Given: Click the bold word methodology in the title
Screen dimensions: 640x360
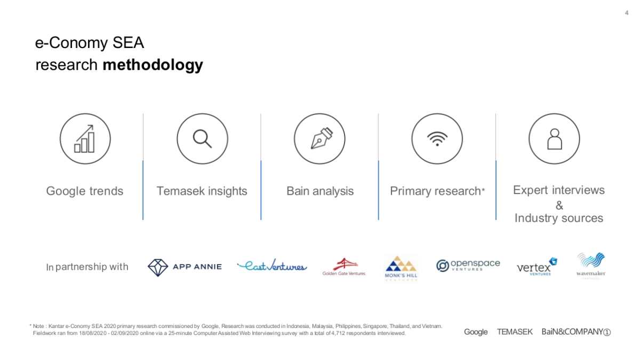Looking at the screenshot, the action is pyautogui.click(x=153, y=65).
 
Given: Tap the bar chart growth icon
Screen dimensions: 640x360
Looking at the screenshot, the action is pyautogui.click(x=85, y=139).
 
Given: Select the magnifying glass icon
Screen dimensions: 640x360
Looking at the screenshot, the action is pyautogui.click(x=202, y=139).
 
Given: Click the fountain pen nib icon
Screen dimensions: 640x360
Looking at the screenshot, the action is pyautogui.click(x=322, y=138).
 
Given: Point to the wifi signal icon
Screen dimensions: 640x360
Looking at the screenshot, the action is pyautogui.click(x=437, y=139).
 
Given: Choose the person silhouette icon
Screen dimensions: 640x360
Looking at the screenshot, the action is pyautogui.click(x=555, y=139).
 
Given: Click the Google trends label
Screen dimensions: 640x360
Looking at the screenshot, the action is pyautogui.click(x=85, y=191).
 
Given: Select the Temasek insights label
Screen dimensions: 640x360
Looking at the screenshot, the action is pyautogui.click(x=202, y=191).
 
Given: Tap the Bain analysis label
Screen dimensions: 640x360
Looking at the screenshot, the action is pyautogui.click(x=320, y=191).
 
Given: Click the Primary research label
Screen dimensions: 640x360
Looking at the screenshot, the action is pyautogui.click(x=437, y=191).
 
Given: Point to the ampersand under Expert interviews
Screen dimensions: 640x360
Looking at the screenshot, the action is pyautogui.click(x=559, y=205).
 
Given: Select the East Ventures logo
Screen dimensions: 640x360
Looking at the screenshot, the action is pyautogui.click(x=272, y=266).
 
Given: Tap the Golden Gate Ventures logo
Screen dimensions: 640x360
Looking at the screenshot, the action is pyautogui.click(x=343, y=267).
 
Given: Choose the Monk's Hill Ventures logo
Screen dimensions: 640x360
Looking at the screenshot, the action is pyautogui.click(x=401, y=268).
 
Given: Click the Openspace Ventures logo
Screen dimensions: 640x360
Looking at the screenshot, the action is pyautogui.click(x=468, y=266).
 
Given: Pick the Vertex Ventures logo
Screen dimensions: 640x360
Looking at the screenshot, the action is pyautogui.click(x=537, y=267).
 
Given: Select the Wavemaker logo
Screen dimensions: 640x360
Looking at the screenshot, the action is pyautogui.click(x=591, y=266).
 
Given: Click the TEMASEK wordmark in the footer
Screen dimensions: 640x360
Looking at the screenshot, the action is pyautogui.click(x=515, y=332).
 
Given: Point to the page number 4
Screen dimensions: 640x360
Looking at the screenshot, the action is pyautogui.click(x=627, y=13).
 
